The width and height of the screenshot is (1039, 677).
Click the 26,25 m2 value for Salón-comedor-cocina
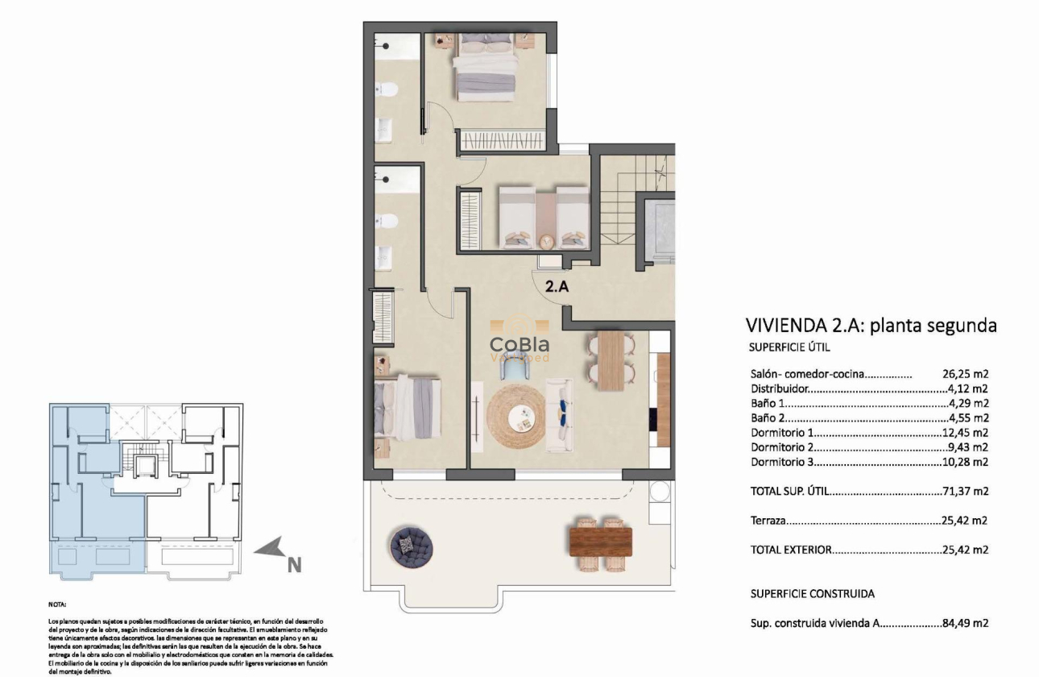(x=965, y=374)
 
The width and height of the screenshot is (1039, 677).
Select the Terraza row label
(x=768, y=521)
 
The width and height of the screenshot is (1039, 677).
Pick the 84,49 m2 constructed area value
(x=965, y=623)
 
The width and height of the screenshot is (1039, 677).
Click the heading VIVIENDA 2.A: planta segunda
(x=871, y=326)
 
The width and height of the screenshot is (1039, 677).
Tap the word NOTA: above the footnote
(x=57, y=604)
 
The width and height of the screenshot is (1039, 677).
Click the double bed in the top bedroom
(x=486, y=69)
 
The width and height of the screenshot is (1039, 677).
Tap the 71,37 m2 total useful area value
(x=965, y=491)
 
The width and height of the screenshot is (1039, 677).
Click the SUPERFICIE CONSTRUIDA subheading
(x=812, y=593)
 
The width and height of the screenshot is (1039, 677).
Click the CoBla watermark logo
(x=520, y=346)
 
